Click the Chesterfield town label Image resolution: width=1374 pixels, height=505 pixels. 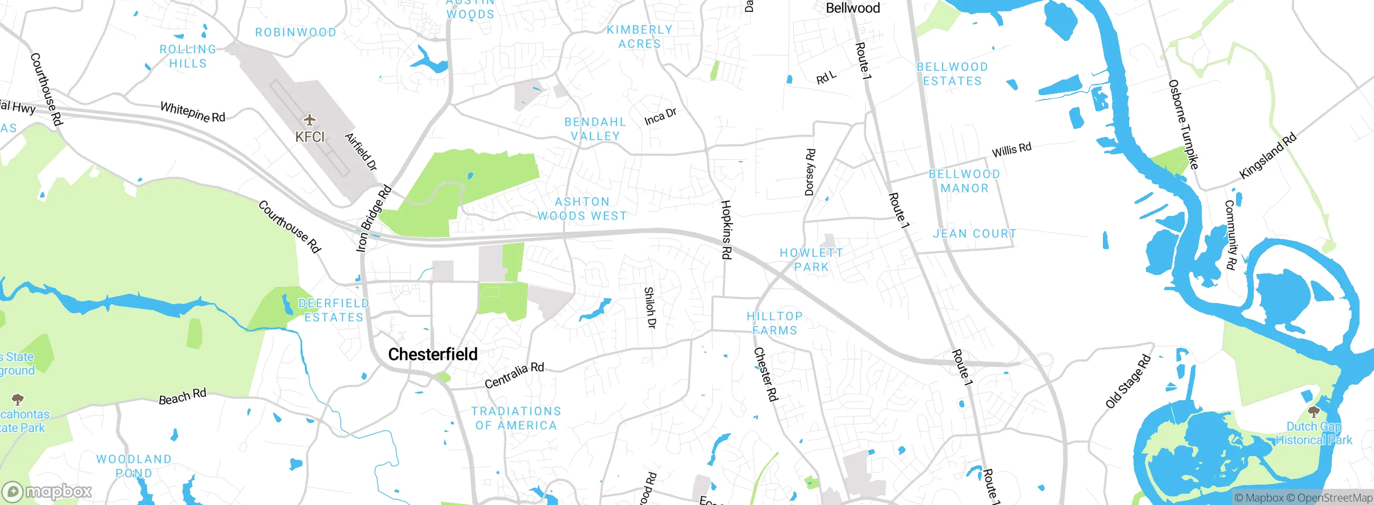(433, 355)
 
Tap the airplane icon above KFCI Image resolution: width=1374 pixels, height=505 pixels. (310, 119)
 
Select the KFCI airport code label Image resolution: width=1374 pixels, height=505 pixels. (310, 137)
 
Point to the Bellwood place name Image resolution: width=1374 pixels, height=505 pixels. (853, 8)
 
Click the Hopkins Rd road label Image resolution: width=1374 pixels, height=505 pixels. (726, 229)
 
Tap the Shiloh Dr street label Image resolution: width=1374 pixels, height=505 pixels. (650, 308)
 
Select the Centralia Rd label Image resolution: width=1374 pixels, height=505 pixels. (514, 375)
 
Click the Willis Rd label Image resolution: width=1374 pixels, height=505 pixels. (1011, 149)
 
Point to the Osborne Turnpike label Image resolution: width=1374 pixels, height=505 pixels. (1183, 124)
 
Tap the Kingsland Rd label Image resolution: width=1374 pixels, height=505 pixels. (1268, 156)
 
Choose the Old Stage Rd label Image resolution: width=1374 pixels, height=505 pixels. (1128, 381)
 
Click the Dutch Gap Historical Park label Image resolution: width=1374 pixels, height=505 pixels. (1313, 434)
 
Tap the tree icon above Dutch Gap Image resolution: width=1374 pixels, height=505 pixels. (1313, 412)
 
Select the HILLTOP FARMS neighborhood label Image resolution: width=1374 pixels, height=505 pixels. (774, 323)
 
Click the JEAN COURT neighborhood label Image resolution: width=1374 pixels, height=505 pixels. (975, 234)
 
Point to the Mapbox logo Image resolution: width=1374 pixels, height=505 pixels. (47, 492)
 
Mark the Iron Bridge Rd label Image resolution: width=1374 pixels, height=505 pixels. (374, 218)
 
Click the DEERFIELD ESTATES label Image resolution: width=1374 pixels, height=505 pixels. (334, 311)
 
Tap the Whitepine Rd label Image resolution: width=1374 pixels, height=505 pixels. (193, 112)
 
